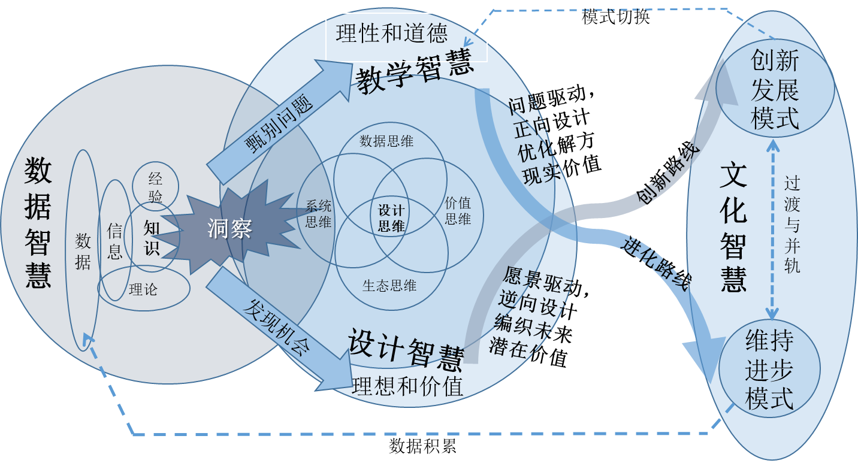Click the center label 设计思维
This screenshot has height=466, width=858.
click(391, 219)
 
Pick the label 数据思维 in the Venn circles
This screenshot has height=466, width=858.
click(386, 141)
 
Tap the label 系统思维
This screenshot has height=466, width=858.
click(318, 214)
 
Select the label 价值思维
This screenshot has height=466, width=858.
click(458, 211)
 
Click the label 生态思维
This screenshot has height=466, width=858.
click(389, 286)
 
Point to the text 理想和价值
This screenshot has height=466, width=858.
click(407, 386)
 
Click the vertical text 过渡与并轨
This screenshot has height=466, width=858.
click(791, 225)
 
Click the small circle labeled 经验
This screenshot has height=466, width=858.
click(155, 187)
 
